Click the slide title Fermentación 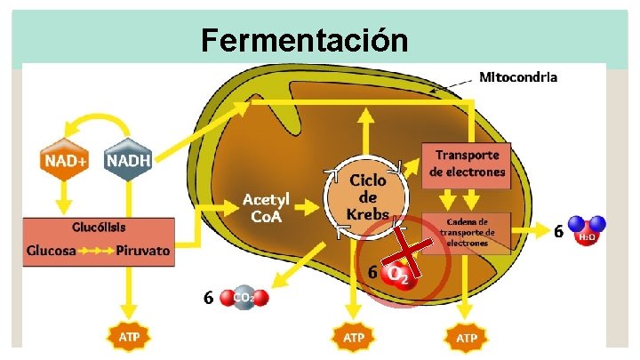tap(304, 40)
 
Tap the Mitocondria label tap(518, 76)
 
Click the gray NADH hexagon tap(129, 161)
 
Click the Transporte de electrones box tap(466, 164)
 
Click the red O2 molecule tap(396, 276)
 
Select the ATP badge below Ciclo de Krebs tap(353, 338)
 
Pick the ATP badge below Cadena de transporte tap(466, 338)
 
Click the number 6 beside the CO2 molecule tap(208, 298)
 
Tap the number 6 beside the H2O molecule tap(558, 232)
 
